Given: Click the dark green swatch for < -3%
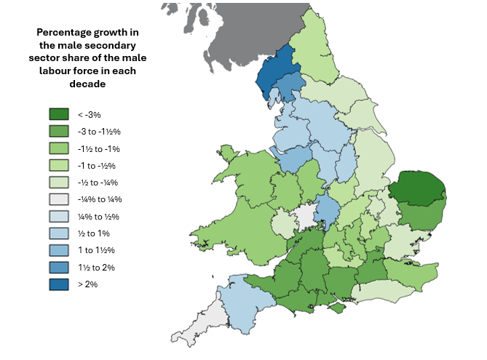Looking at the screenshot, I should [x=58, y=114].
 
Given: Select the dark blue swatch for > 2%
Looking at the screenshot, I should [x=58, y=284].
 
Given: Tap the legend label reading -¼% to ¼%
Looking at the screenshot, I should [x=99, y=199].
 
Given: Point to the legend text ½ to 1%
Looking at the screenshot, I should [x=93, y=233].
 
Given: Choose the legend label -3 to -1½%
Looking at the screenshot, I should [x=98, y=132].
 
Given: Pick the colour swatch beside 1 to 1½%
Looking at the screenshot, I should [x=58, y=250].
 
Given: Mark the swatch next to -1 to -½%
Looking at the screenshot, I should [x=58, y=165].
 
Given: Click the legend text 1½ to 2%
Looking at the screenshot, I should [x=95, y=268].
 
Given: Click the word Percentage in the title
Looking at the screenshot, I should [x=63, y=33].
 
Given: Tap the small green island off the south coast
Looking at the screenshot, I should [x=336, y=309].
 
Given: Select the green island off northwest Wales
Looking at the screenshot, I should [x=228, y=153].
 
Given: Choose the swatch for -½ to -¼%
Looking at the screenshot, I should [x=58, y=183].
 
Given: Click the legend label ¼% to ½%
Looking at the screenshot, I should [x=98, y=217].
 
